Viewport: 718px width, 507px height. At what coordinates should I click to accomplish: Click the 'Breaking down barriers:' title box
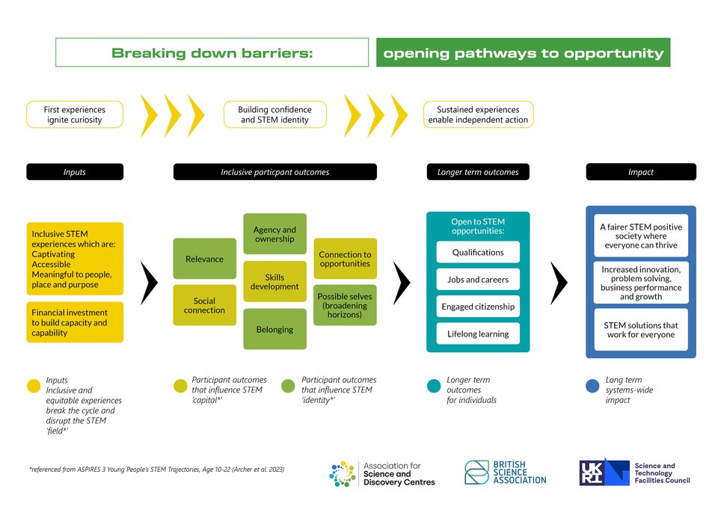(x=212, y=53)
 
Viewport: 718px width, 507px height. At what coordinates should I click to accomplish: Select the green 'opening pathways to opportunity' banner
(x=523, y=53)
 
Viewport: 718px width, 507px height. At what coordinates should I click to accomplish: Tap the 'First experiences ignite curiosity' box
(x=75, y=114)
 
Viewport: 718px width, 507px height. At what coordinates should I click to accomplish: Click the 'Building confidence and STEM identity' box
(x=276, y=114)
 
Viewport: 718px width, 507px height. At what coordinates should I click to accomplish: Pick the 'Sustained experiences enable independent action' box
(x=478, y=114)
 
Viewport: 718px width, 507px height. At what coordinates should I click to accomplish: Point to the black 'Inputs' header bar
(x=75, y=172)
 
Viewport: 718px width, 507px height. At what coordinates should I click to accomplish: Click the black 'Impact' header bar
(x=640, y=172)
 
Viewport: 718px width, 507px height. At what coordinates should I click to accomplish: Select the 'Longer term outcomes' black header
(x=478, y=172)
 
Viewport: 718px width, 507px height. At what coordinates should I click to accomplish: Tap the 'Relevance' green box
(x=204, y=259)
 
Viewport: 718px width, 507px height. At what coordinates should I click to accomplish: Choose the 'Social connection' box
(x=204, y=305)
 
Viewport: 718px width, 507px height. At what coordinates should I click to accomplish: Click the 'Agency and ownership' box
(x=274, y=234)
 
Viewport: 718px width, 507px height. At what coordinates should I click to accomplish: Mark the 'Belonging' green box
(x=274, y=329)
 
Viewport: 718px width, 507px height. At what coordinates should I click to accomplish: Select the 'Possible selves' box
(x=345, y=305)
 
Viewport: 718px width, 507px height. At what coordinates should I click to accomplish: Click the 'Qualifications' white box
(x=478, y=252)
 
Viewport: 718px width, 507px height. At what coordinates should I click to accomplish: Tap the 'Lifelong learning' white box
(x=478, y=334)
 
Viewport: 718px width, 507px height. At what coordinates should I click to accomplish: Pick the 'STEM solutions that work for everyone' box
(x=640, y=330)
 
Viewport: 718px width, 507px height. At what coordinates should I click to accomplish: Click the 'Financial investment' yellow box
(x=75, y=322)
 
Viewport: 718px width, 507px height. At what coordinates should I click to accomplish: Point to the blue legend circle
(x=592, y=386)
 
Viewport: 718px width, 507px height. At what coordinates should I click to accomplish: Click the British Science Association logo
(x=506, y=473)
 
